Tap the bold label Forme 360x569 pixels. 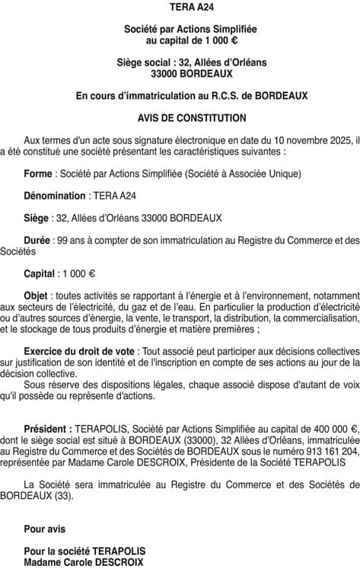(39, 174)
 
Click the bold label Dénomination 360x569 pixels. (54, 196)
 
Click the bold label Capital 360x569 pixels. (40, 273)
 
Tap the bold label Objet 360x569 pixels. (37, 296)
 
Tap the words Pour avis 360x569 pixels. (45, 529)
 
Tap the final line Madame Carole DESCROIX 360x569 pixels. (83, 562)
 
